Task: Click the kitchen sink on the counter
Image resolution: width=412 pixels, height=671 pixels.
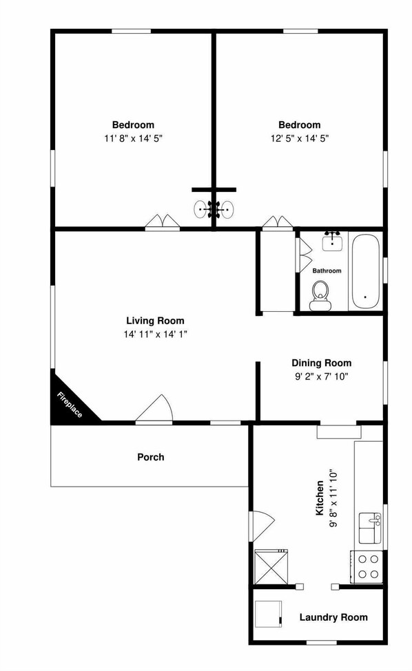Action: [x=370, y=527]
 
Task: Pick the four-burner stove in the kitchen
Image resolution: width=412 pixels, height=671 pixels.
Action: [x=367, y=566]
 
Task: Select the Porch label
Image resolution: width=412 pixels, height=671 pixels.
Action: [x=151, y=457]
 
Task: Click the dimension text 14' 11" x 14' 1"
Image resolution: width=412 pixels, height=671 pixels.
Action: [x=155, y=334]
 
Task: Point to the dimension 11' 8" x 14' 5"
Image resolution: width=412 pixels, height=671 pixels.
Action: [x=133, y=138]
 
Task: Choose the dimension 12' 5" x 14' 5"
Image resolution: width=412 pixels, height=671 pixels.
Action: [x=299, y=138]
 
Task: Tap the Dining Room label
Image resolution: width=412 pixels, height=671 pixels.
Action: [x=321, y=363]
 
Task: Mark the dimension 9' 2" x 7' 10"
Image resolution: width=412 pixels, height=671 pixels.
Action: [x=321, y=376]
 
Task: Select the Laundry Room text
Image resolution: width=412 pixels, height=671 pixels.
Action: [x=333, y=617]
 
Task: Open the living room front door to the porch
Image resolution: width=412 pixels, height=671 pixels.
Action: [x=156, y=410]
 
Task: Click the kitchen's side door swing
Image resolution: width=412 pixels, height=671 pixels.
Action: [x=262, y=526]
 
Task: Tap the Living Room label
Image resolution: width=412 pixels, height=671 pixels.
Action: [x=155, y=321]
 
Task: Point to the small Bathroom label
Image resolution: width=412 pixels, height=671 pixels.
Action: [x=327, y=270]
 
